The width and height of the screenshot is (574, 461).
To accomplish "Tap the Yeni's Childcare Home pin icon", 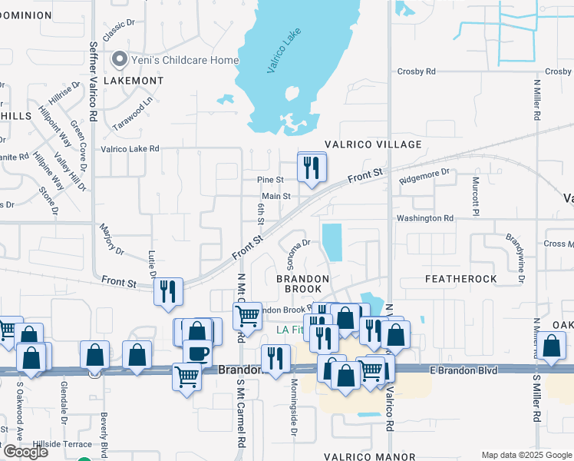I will (119, 59).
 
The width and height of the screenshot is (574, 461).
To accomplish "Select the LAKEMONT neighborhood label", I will (134, 80).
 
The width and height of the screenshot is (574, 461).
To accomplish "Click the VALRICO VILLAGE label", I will (373, 144).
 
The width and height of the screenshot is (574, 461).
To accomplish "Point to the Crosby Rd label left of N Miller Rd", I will (417, 71).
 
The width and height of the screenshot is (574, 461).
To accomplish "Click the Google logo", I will (25, 452).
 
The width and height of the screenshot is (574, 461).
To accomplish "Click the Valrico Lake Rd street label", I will (130, 149).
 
